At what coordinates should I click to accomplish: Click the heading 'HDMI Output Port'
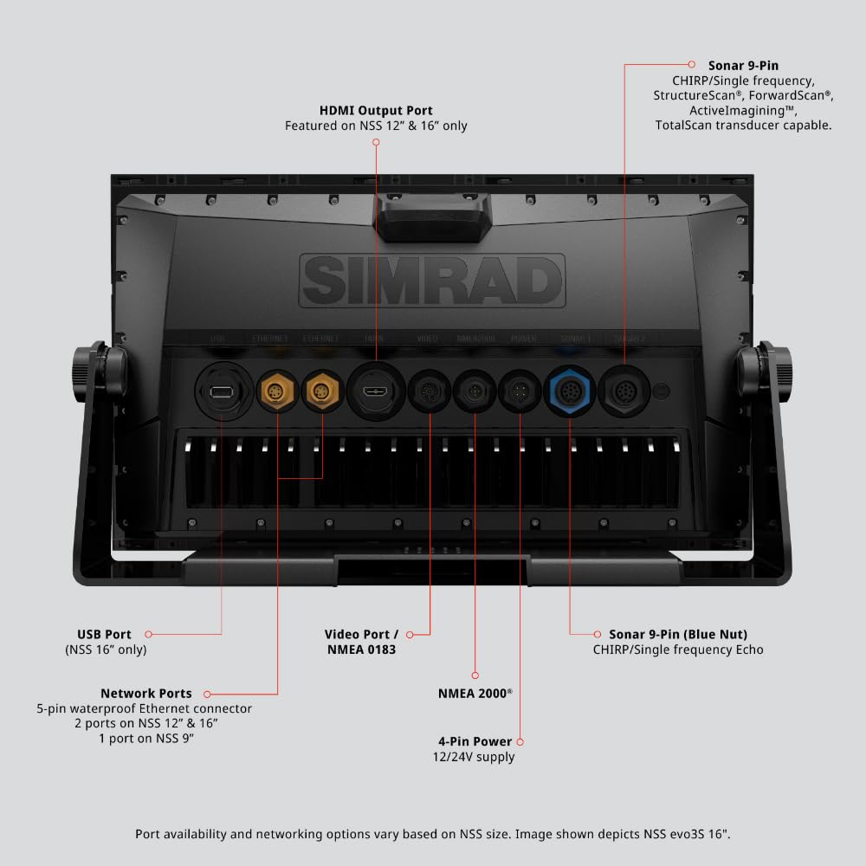click(x=376, y=111)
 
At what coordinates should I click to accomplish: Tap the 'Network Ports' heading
click(x=145, y=693)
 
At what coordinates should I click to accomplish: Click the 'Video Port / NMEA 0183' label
click(x=361, y=641)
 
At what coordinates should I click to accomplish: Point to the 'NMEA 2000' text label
click(x=475, y=693)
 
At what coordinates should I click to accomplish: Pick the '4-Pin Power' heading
click(x=475, y=741)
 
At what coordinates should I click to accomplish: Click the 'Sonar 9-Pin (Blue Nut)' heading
click(x=677, y=634)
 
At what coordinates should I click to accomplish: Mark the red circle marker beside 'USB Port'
click(x=149, y=635)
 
